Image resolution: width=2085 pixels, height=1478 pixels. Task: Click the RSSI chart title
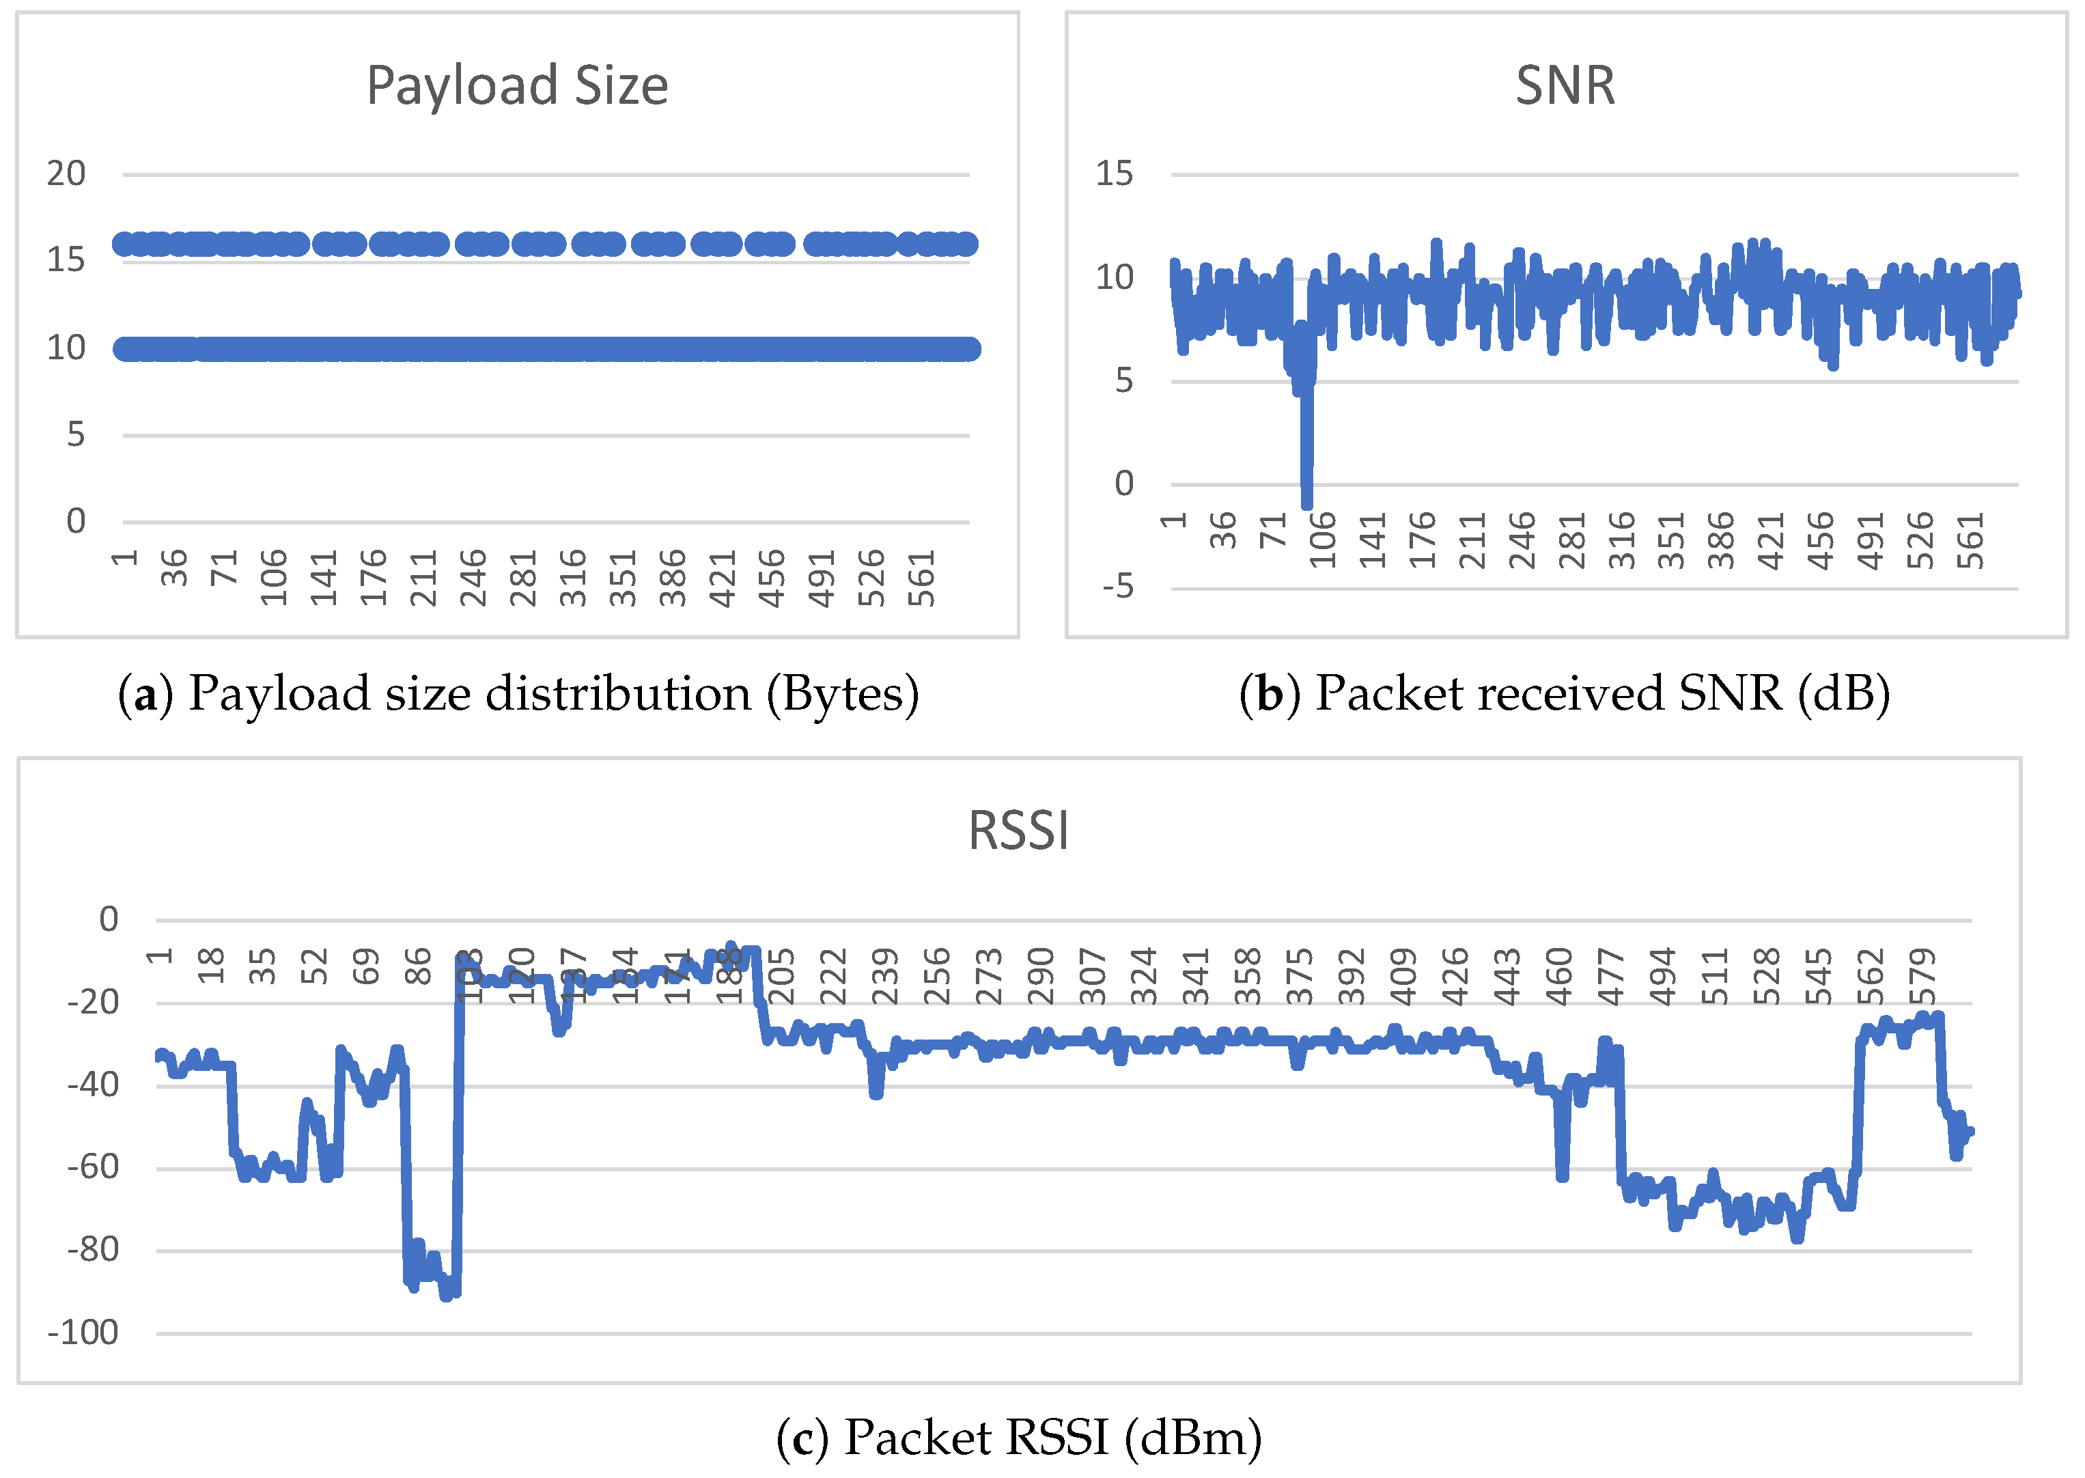point(1018,831)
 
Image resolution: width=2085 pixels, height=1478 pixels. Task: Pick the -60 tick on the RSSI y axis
point(93,1168)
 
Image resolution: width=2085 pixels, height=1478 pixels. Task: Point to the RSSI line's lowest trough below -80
point(446,1294)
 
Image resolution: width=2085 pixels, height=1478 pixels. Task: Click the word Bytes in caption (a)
point(843,695)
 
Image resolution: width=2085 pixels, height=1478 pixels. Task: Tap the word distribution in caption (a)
point(618,695)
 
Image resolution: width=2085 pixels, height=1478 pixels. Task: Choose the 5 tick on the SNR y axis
point(1124,380)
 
